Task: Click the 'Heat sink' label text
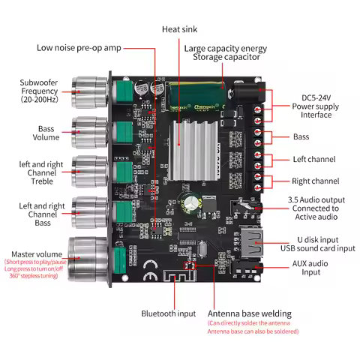(180, 29)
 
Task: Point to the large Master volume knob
(88, 258)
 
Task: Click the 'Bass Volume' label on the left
(47, 133)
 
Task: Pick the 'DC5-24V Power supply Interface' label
(316, 106)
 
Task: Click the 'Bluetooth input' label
(169, 313)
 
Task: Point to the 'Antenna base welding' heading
(250, 313)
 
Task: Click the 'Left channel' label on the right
(316, 159)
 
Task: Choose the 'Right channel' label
(316, 181)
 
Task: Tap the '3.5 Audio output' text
(316, 199)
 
